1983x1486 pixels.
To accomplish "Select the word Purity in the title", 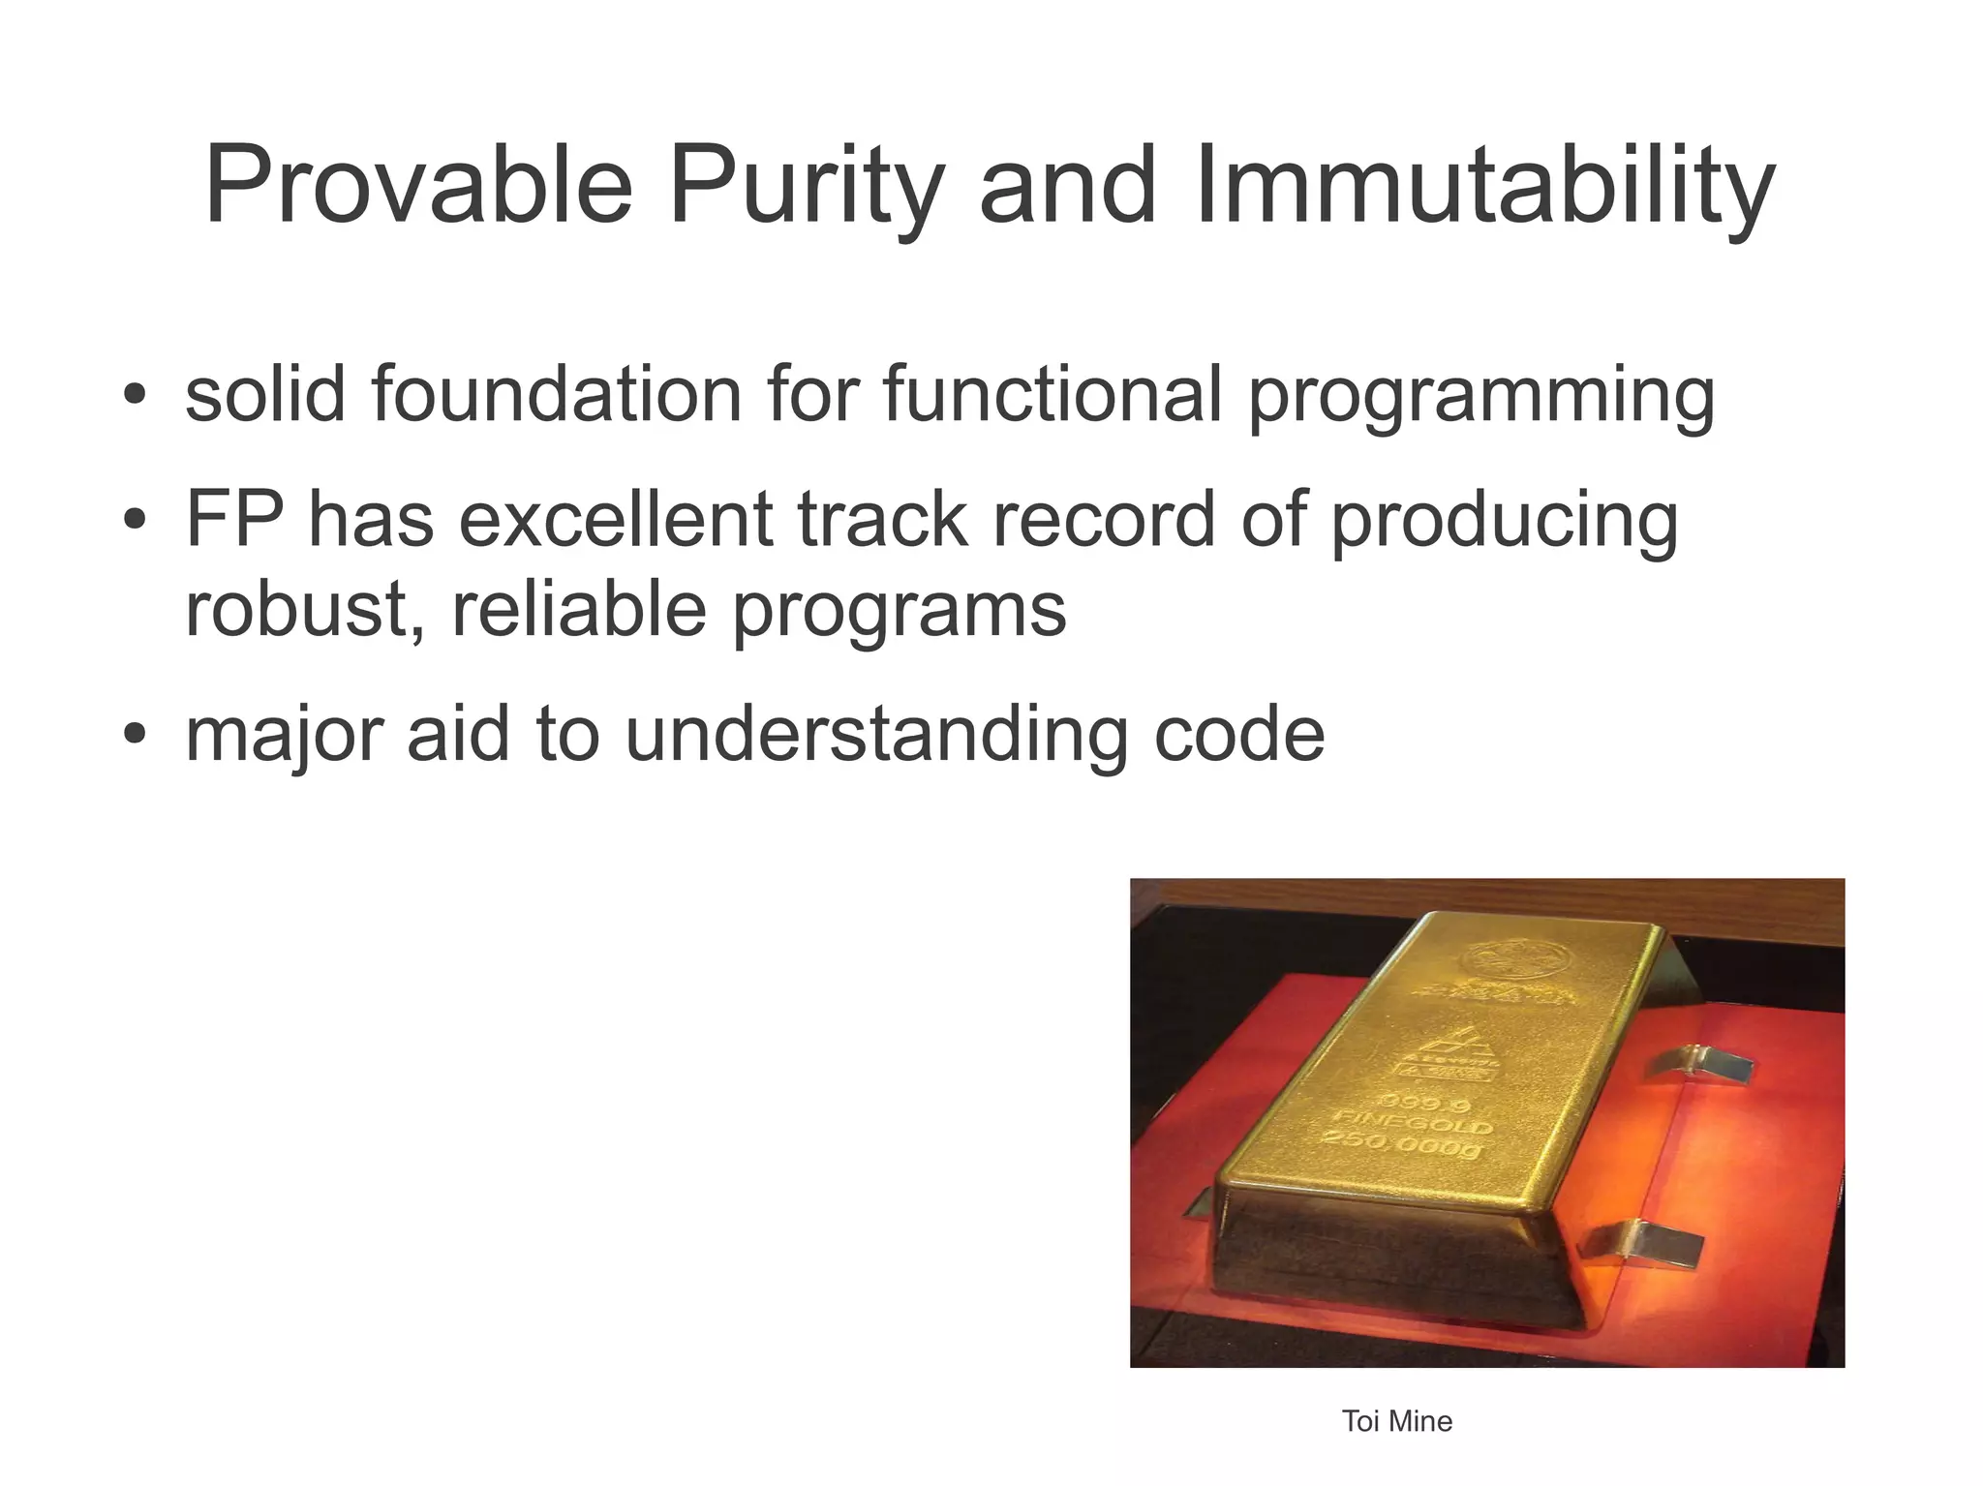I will click(805, 186).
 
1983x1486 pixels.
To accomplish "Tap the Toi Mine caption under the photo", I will click(1396, 1421).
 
